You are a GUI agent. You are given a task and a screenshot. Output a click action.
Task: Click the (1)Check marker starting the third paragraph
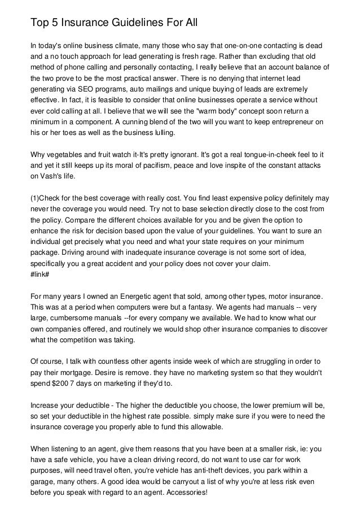point(47,198)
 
